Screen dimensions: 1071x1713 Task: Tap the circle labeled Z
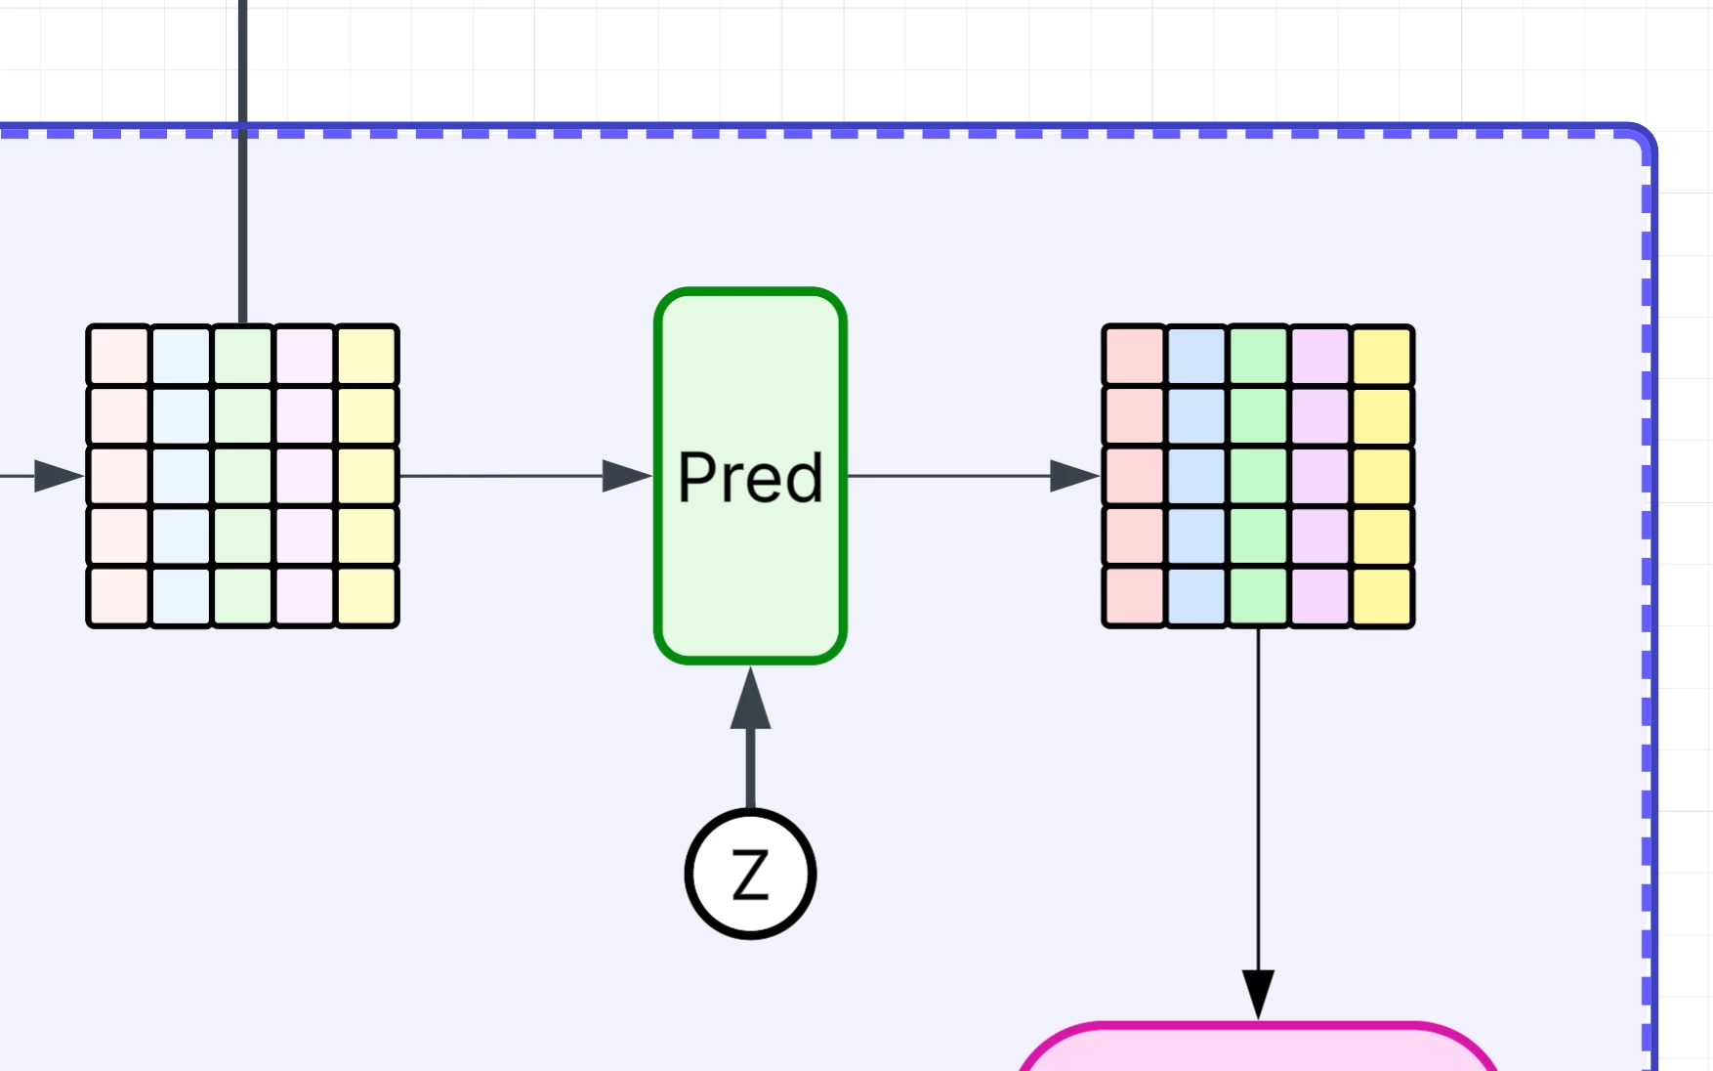click(750, 874)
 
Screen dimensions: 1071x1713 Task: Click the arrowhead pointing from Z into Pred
click(750, 700)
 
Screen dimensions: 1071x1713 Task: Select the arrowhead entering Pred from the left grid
click(626, 476)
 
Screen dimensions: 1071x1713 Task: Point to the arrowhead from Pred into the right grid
click(1074, 476)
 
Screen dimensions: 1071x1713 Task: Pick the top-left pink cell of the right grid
click(1134, 356)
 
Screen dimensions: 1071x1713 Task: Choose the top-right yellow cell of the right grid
click(1383, 356)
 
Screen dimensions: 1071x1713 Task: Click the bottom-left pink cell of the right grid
click(1134, 596)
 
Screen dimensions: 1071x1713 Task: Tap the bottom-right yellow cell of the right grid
click(1383, 596)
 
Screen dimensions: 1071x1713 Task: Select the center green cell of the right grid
click(1258, 476)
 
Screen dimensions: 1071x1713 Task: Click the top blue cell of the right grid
click(1196, 356)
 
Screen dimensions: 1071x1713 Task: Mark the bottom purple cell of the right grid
click(1320, 596)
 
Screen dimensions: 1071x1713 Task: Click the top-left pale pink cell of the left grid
click(118, 356)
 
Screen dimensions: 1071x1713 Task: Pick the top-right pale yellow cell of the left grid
click(367, 356)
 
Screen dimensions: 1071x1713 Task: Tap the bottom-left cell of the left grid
click(118, 596)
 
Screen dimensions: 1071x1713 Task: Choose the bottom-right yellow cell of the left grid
click(367, 596)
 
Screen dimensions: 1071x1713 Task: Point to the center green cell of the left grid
click(243, 476)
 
